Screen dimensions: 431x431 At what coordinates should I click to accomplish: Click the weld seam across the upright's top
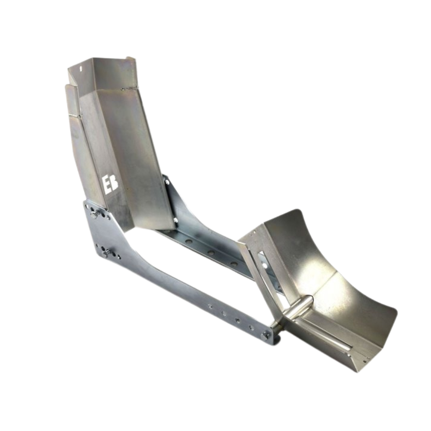(x=129, y=88)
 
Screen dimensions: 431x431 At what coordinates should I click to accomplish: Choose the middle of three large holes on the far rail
(x=211, y=253)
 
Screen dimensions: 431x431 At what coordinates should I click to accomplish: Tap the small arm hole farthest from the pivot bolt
(x=210, y=307)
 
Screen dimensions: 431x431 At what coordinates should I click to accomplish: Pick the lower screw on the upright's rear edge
(x=175, y=221)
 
